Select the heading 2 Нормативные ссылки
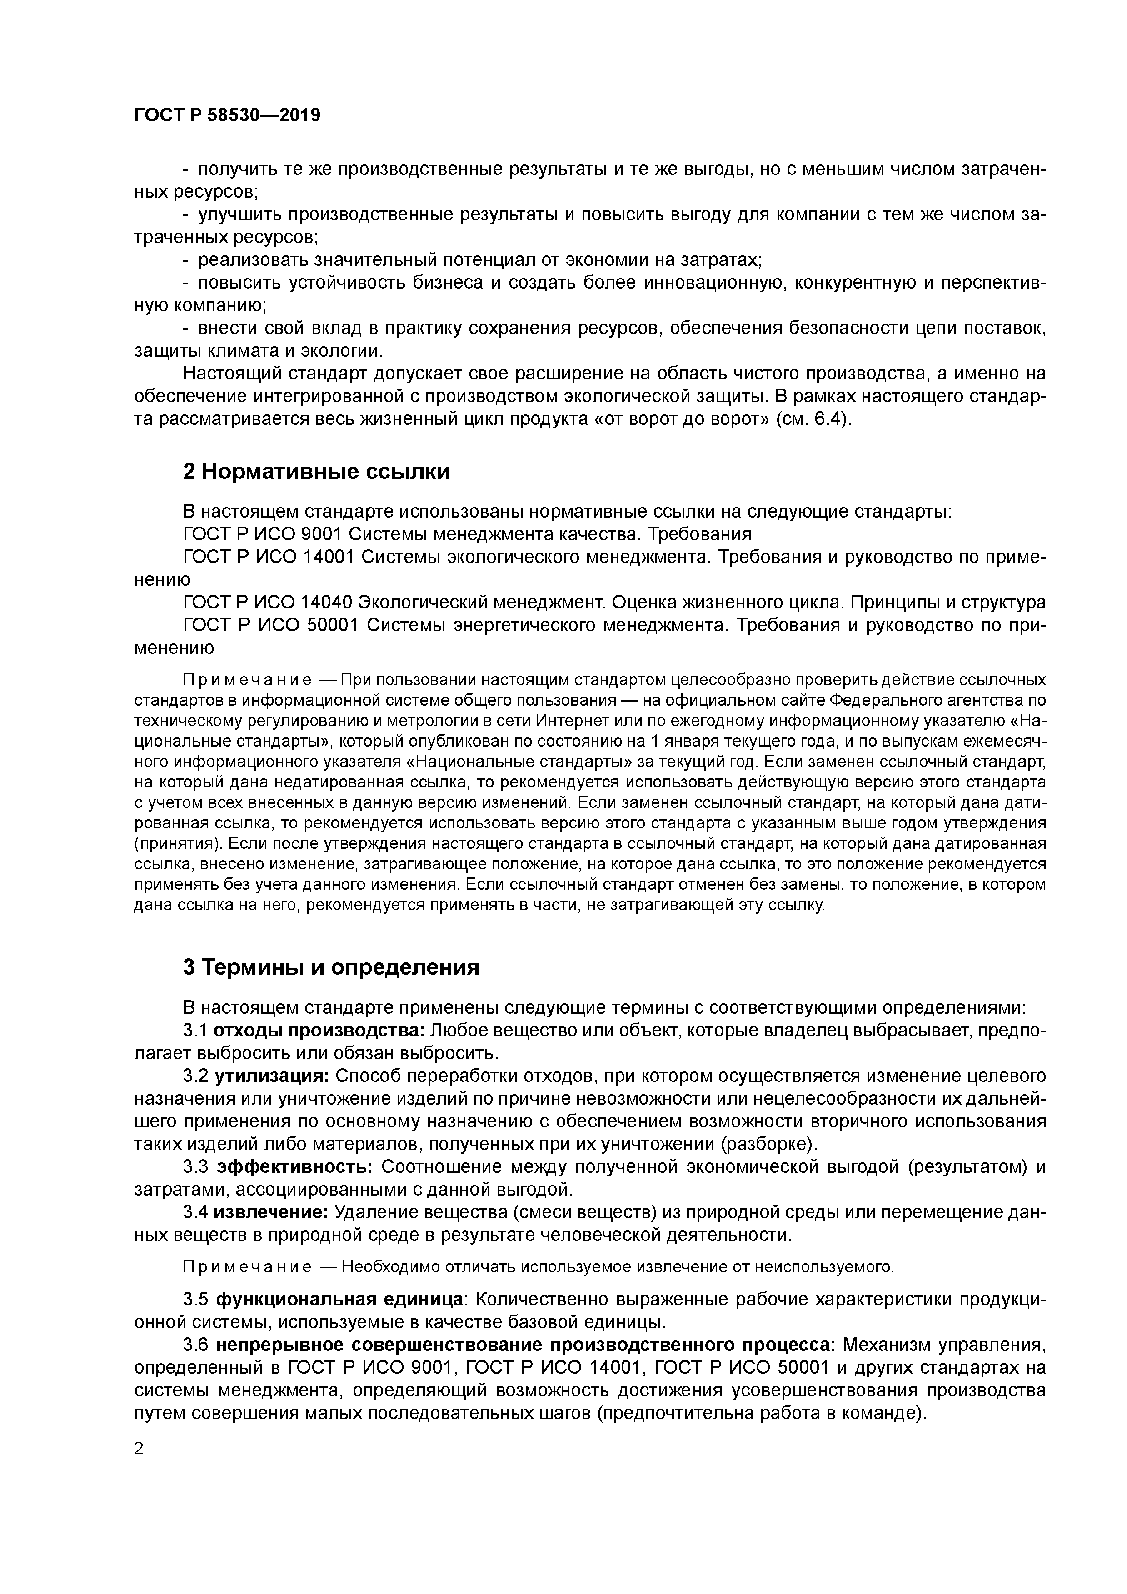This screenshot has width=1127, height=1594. tap(316, 471)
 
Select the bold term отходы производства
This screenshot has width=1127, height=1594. tap(319, 1030)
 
